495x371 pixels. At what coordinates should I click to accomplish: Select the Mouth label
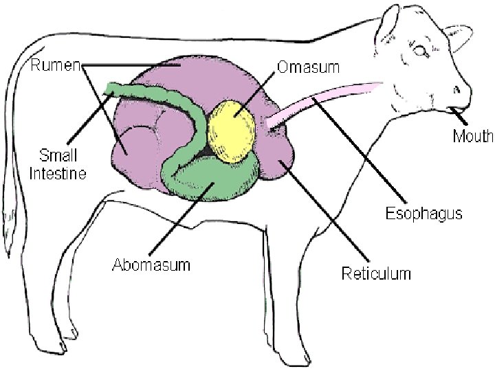472,136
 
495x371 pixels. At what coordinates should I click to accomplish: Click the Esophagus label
423,213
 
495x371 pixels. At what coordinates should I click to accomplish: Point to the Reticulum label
376,273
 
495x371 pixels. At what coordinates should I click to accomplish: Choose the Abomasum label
151,264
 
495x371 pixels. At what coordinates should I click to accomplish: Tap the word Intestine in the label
57,173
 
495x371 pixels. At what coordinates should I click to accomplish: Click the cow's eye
419,51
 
